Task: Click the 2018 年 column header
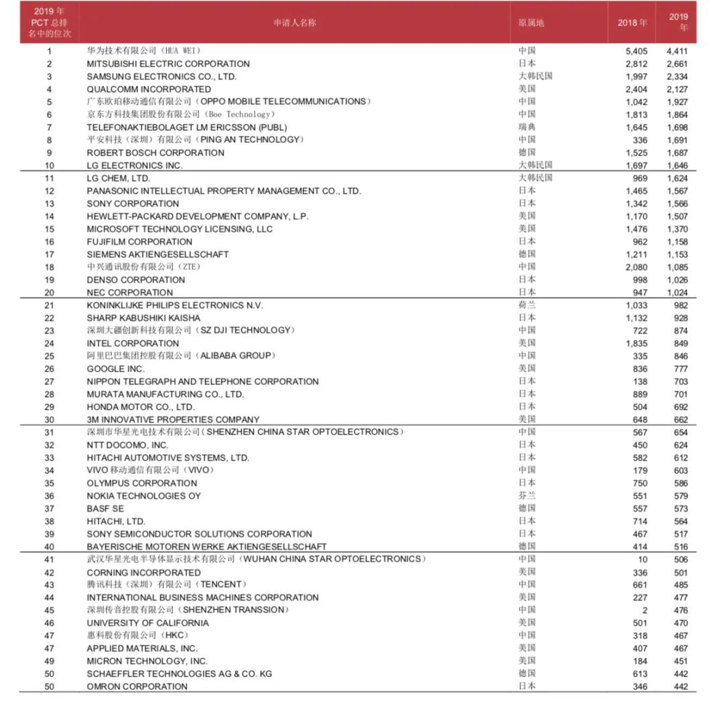(632, 23)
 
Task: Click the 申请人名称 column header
(294, 23)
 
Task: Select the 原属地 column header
(531, 23)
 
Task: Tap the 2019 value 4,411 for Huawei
(676, 51)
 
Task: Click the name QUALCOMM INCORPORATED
(149, 89)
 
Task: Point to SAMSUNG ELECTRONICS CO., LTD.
(162, 76)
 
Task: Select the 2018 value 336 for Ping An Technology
(640, 140)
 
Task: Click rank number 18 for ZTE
(50, 267)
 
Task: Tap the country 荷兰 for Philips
(527, 305)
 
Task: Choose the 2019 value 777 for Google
(680, 369)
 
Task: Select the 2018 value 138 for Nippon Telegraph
(640, 381)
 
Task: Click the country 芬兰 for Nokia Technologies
(527, 495)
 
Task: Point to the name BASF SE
(105, 509)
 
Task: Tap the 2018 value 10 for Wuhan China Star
(643, 559)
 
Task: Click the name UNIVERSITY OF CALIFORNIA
(147, 623)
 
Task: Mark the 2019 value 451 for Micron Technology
(680, 661)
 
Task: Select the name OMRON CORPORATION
(137, 687)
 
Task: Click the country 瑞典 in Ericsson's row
(527, 127)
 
